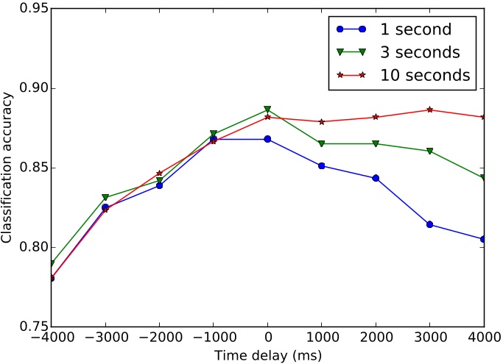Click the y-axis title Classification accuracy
(7, 168)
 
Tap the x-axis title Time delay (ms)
(267, 356)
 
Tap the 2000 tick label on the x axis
(376, 339)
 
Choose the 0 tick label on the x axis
(267, 339)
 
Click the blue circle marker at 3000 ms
(430, 224)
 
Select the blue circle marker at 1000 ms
(322, 165)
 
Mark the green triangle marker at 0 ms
(267, 110)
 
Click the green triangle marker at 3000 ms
(430, 151)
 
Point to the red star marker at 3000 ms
(430, 110)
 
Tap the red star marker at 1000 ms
(322, 121)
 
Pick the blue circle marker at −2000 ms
(159, 185)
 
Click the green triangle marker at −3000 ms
(105, 197)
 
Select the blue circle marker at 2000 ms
(376, 178)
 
